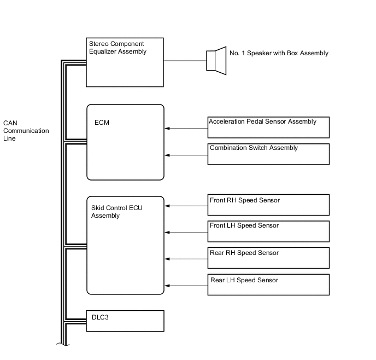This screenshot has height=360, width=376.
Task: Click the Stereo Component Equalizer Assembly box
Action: pyautogui.click(x=125, y=62)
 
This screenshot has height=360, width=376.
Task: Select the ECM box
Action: pyautogui.click(x=125, y=142)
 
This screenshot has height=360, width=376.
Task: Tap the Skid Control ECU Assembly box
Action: pyautogui.click(x=125, y=245)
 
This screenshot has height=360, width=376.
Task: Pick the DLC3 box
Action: pyautogui.click(x=125, y=321)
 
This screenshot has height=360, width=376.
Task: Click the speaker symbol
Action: pyautogui.click(x=216, y=60)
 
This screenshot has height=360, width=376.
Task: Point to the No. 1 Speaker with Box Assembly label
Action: pyautogui.click(x=279, y=54)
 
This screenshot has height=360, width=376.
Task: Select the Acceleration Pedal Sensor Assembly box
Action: pyautogui.click(x=268, y=127)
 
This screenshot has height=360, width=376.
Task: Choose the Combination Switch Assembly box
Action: pyautogui.click(x=268, y=154)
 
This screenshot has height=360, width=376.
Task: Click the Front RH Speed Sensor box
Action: pyautogui.click(x=268, y=205)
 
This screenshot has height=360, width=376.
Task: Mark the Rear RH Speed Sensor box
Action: pyautogui.click(x=268, y=258)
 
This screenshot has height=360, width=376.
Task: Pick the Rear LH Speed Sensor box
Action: pyautogui.click(x=268, y=284)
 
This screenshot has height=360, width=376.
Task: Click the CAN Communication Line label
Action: pyautogui.click(x=26, y=131)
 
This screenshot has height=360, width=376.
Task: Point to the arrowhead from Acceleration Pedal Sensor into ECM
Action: pyautogui.click(x=167, y=129)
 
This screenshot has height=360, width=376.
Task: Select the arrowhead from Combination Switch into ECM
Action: pyautogui.click(x=167, y=155)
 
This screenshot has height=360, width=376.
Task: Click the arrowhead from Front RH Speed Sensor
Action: pyautogui.click(x=167, y=206)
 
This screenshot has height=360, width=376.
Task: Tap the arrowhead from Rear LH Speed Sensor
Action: pyautogui.click(x=167, y=286)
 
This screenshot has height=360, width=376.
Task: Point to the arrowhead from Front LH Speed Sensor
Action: pyautogui.click(x=167, y=233)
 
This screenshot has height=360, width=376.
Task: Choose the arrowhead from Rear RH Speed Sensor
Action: pyautogui.click(x=167, y=259)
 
